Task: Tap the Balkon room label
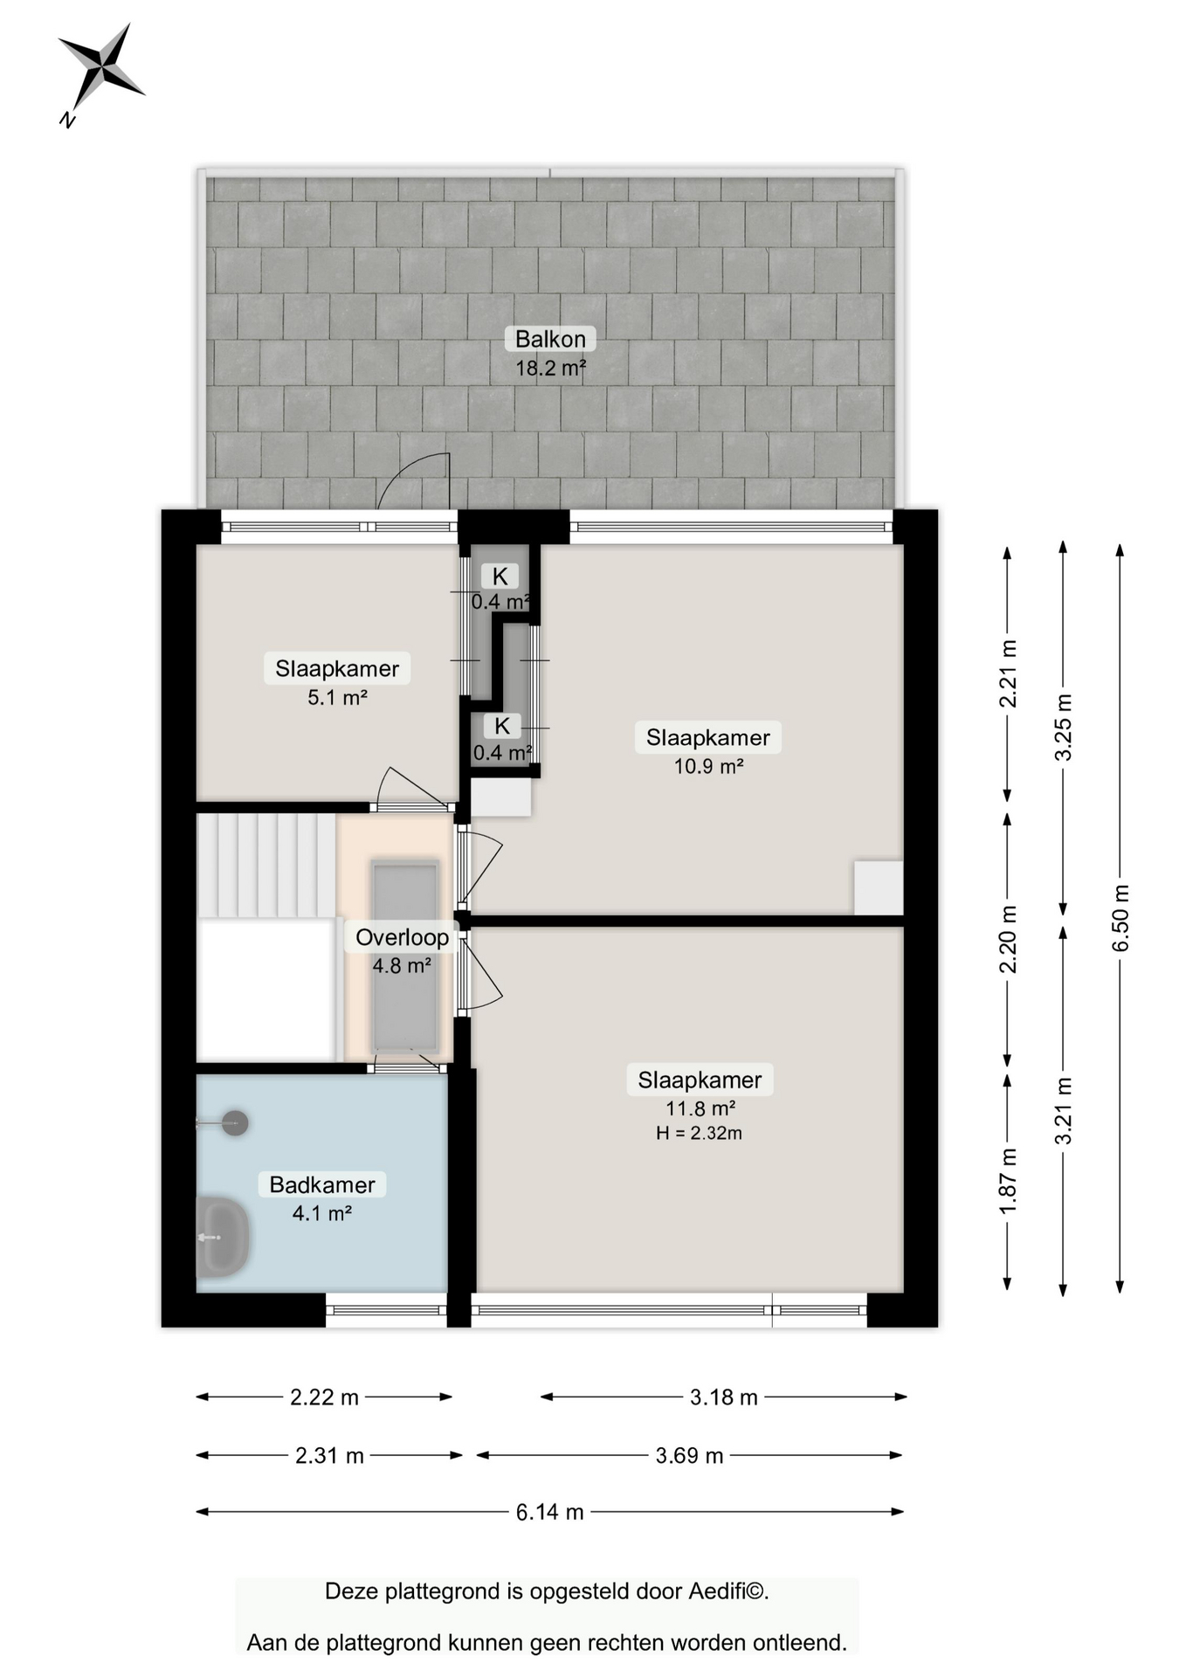point(550,339)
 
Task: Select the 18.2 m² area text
point(550,368)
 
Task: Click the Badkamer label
point(322,1184)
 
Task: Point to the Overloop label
point(402,937)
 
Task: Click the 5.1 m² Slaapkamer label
point(337,668)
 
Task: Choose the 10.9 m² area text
point(708,766)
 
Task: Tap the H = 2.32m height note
point(699,1133)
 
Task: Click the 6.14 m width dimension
point(550,1512)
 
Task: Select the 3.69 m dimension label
point(689,1455)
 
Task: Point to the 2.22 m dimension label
point(324,1397)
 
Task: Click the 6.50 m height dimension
point(1120,918)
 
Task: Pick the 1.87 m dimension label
point(1008,1180)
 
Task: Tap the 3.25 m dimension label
point(1064,728)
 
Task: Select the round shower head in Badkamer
point(235,1122)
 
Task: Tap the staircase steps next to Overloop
point(265,865)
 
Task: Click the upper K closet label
point(500,576)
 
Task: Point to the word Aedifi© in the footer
point(728,1591)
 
